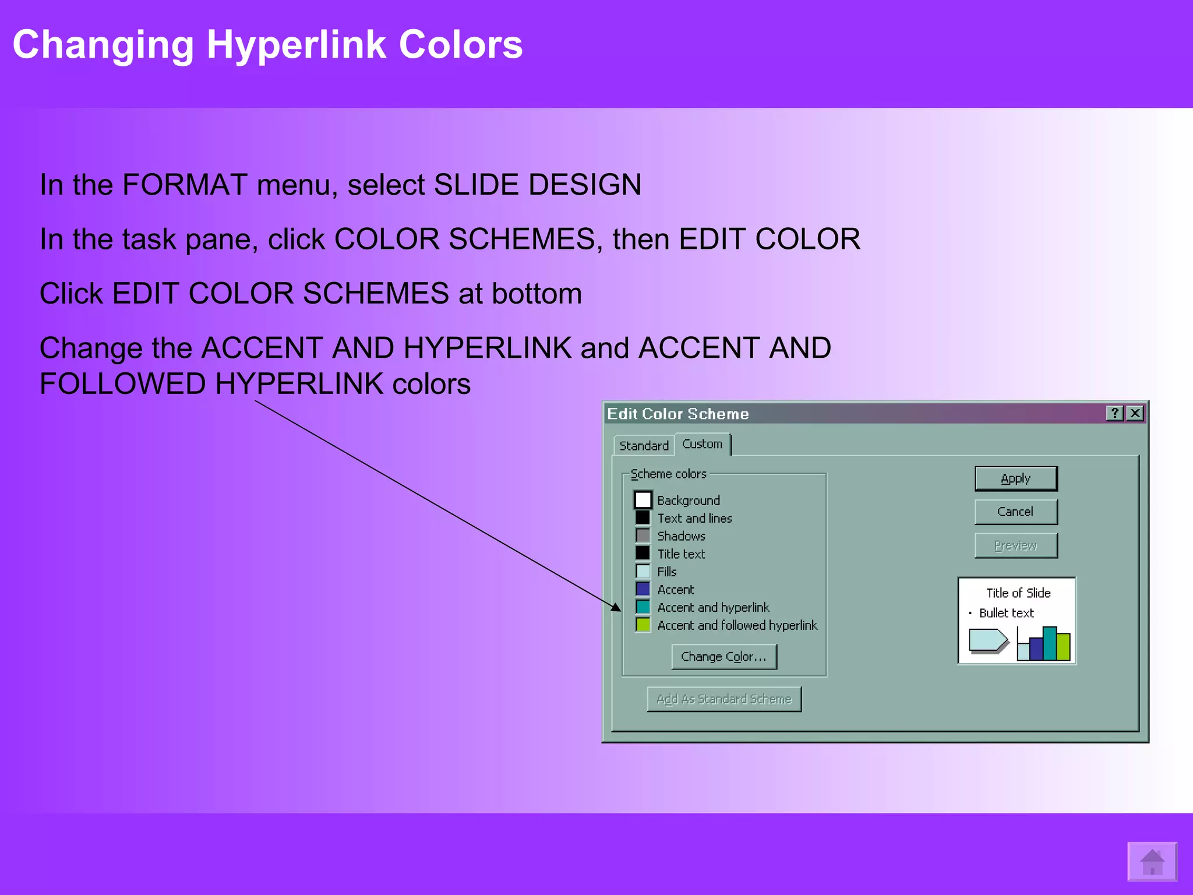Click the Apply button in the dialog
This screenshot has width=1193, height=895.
1015,478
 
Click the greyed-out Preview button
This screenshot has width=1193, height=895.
1015,545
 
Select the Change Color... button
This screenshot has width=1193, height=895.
723,657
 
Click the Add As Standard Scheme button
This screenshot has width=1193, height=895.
723,699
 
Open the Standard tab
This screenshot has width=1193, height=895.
644,446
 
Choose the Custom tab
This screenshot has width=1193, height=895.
702,444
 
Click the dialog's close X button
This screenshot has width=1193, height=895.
1135,413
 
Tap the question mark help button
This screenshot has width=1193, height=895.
1114,413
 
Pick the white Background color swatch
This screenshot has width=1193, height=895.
643,500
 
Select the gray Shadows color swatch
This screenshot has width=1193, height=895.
643,535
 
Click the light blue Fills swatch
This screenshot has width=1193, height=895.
643,571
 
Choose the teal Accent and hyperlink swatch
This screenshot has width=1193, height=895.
643,607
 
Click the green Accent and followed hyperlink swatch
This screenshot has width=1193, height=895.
643,625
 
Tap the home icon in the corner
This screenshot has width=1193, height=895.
1152,861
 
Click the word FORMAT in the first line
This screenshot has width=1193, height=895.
185,185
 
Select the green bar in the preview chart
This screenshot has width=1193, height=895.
1063,646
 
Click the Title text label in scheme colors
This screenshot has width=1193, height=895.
681,554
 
